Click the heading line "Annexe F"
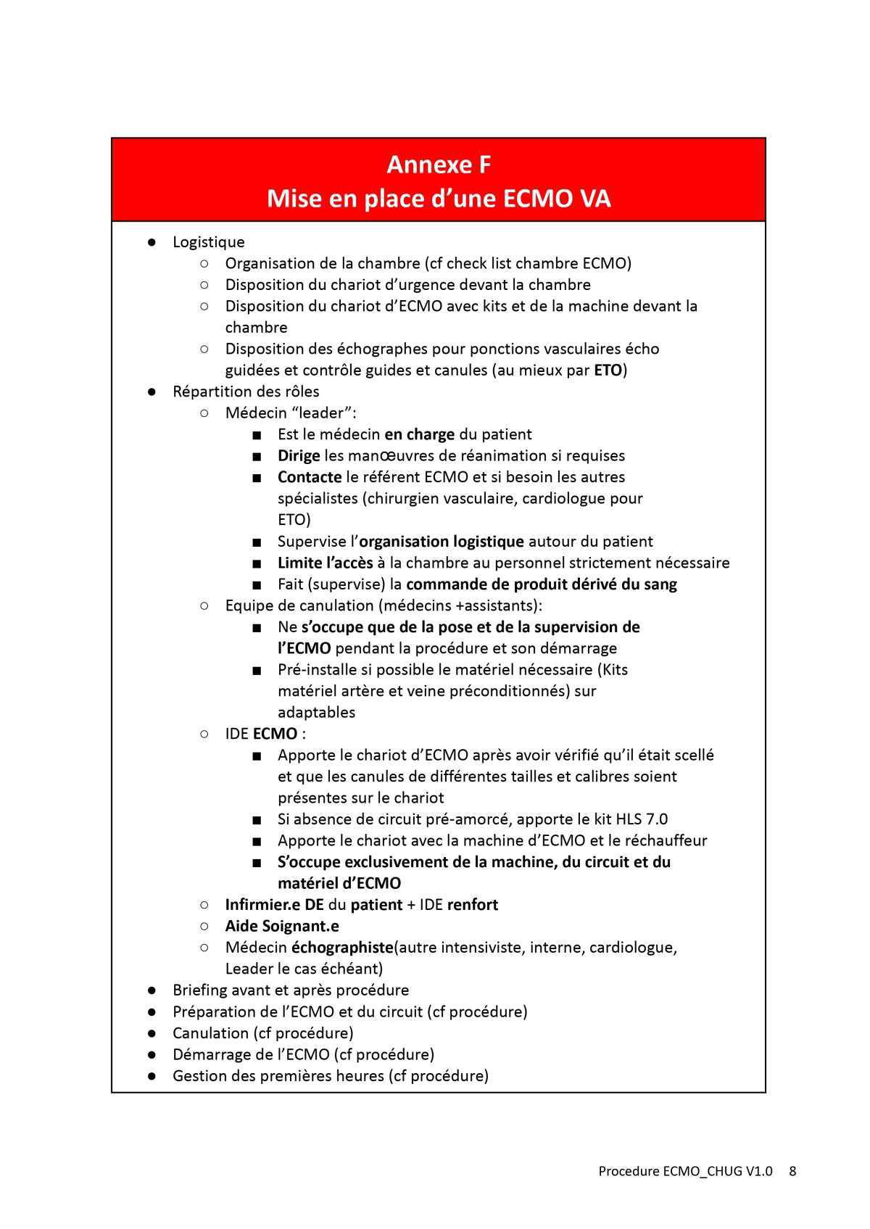click(439, 165)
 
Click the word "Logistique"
click(208, 242)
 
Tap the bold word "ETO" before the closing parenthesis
click(608, 371)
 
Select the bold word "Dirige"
click(299, 456)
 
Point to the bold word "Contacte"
click(310, 477)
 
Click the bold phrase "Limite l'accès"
click(325, 563)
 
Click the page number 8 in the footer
click(792, 1171)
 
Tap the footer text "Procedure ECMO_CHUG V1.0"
click(685, 1171)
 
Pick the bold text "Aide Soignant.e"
click(282, 926)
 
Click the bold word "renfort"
click(473, 905)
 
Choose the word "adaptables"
click(316, 713)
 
